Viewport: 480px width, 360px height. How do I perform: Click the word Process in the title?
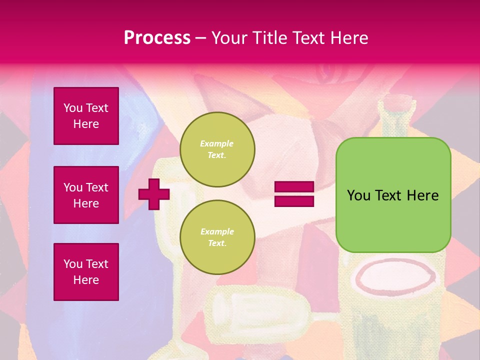157,38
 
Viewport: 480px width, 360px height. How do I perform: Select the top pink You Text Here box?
86,116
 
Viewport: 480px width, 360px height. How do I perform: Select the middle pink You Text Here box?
86,195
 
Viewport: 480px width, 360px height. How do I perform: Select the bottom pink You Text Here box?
86,272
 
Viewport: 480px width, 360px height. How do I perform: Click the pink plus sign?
154,194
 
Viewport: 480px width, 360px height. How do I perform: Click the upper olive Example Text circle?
217,149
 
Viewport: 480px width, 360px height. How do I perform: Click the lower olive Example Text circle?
217,237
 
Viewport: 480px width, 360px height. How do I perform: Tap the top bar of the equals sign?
294,187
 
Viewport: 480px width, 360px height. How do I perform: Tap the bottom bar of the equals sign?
294,201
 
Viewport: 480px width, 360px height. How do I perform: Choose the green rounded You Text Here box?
393,220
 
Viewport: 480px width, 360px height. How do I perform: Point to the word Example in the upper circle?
217,143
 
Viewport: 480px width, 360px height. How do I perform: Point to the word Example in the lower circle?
217,231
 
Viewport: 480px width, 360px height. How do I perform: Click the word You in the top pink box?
72,108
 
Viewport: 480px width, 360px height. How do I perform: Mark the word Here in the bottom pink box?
86,280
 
